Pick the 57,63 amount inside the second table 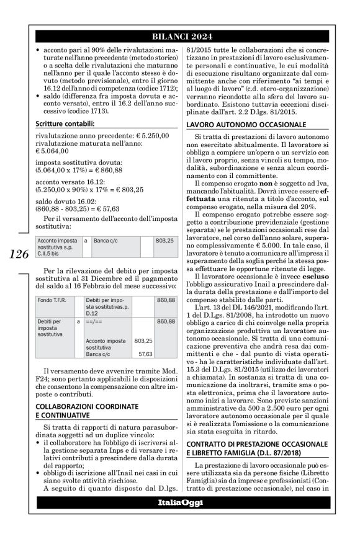click(145, 355)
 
